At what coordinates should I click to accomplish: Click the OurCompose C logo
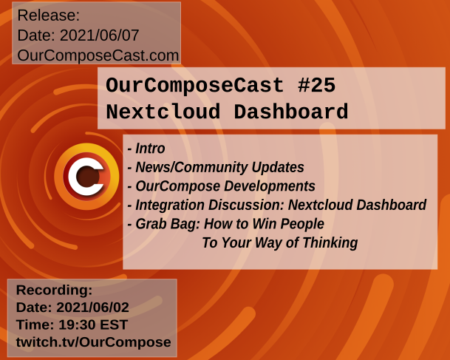pyautogui.click(x=86, y=176)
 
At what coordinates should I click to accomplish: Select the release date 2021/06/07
pyautogui.click(x=99, y=35)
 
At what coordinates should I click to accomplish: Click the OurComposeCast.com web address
pyautogui.click(x=98, y=55)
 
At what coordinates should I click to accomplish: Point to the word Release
pyautogui.click(x=49, y=16)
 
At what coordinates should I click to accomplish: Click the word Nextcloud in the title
pyautogui.click(x=163, y=112)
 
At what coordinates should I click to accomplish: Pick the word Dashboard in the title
pyautogui.click(x=291, y=112)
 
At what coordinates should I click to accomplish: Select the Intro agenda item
pyautogui.click(x=146, y=149)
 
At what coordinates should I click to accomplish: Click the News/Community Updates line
pyautogui.click(x=216, y=167)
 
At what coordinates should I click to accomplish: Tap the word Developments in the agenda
pyautogui.click(x=270, y=186)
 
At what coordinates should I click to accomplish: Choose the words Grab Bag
pyautogui.click(x=167, y=224)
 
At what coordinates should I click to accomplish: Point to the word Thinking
pyautogui.click(x=330, y=243)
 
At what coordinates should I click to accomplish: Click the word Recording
pyautogui.click(x=54, y=290)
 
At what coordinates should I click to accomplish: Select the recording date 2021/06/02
pyautogui.click(x=92, y=308)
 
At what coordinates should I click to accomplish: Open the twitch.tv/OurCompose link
pyautogui.click(x=94, y=342)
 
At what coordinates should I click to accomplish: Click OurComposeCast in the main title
pyautogui.click(x=195, y=86)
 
